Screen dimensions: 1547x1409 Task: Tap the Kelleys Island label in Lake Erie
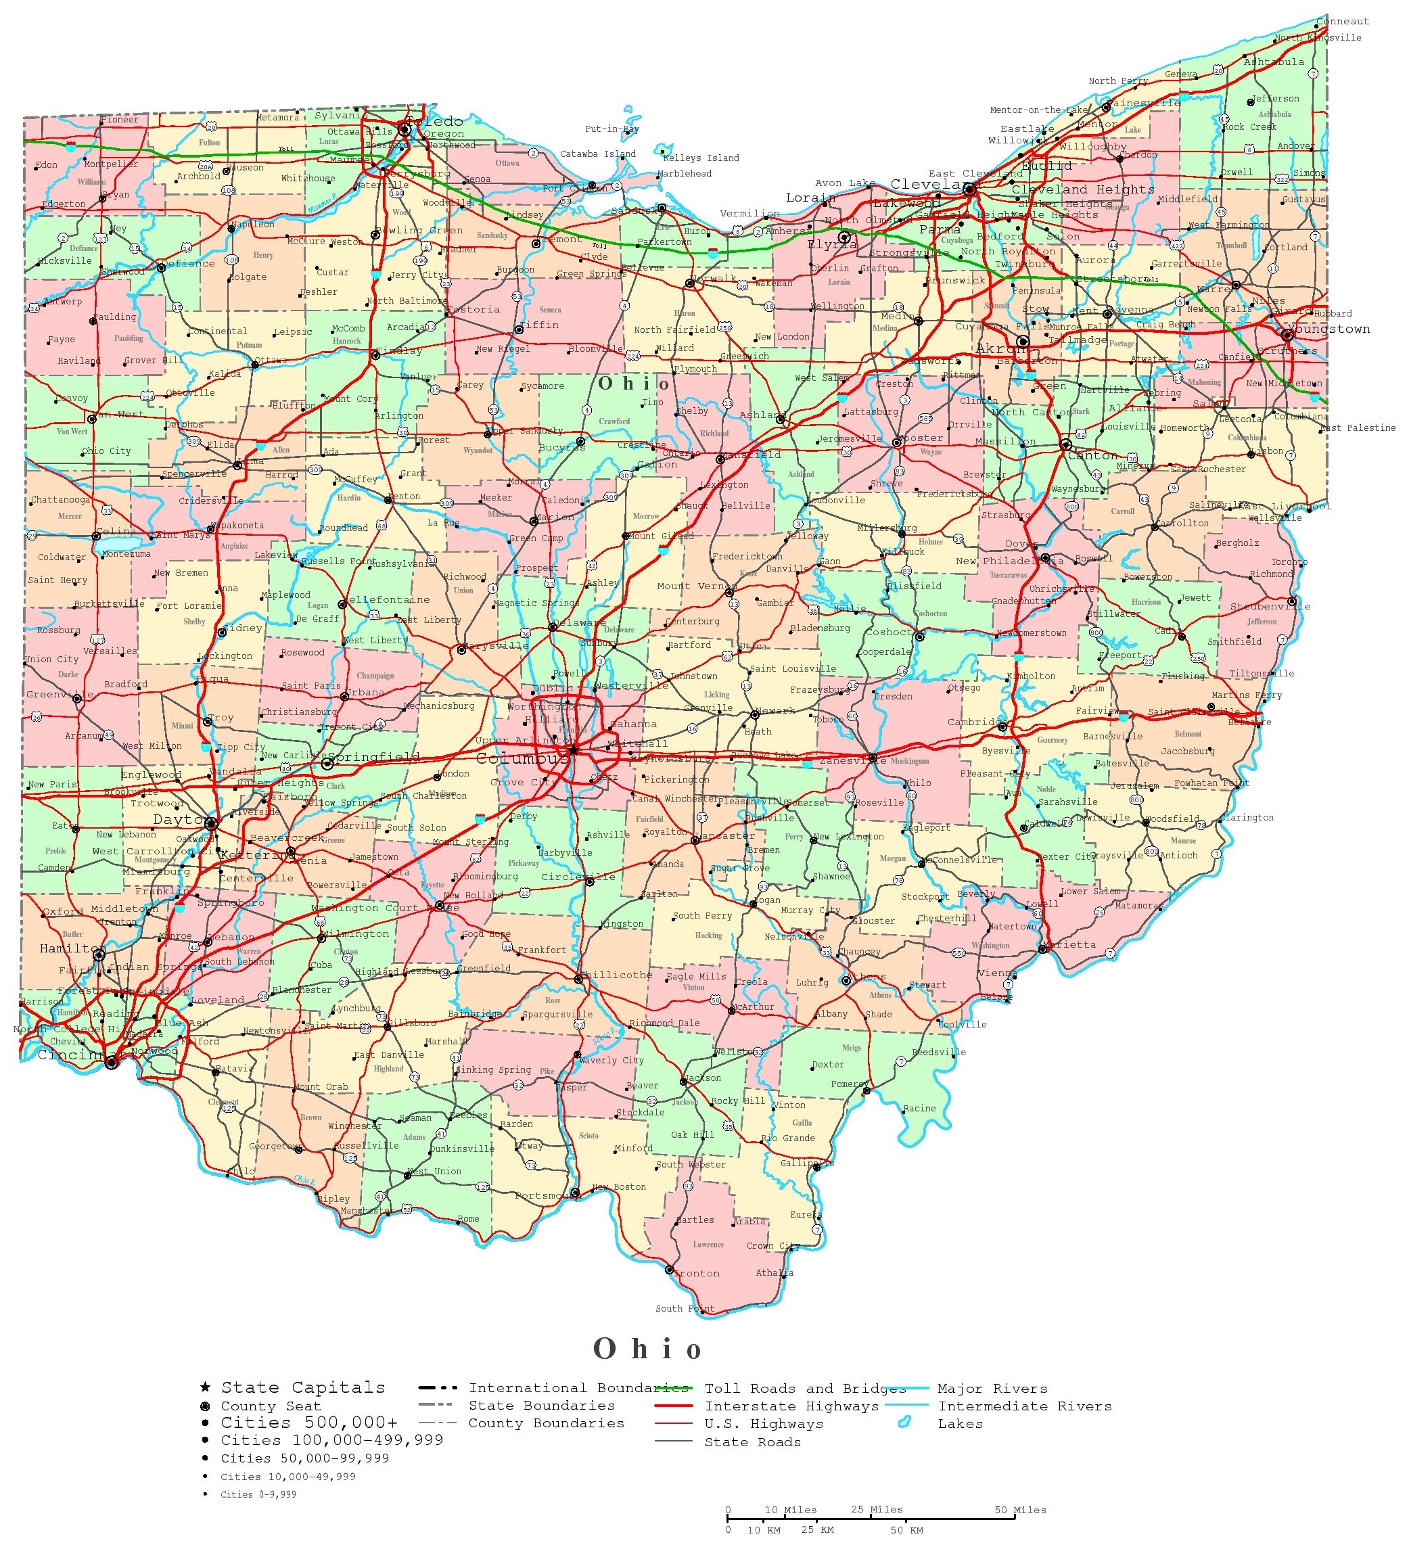point(701,158)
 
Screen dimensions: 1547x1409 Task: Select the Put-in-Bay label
point(611,129)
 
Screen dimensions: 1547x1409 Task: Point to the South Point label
point(685,1308)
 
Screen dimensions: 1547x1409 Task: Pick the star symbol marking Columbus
point(573,749)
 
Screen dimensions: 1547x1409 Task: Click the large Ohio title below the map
point(647,1349)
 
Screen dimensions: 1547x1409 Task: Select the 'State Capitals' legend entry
point(303,1387)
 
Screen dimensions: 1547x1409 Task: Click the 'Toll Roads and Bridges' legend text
point(799,1388)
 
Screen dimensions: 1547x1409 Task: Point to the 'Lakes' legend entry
point(959,1423)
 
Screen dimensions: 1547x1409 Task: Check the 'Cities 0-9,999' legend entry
point(258,1494)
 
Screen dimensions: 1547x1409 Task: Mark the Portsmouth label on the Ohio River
point(542,1195)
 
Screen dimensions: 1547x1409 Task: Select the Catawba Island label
point(598,154)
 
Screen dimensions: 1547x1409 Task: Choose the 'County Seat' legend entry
point(270,1406)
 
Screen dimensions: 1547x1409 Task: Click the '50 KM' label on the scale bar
point(906,1530)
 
